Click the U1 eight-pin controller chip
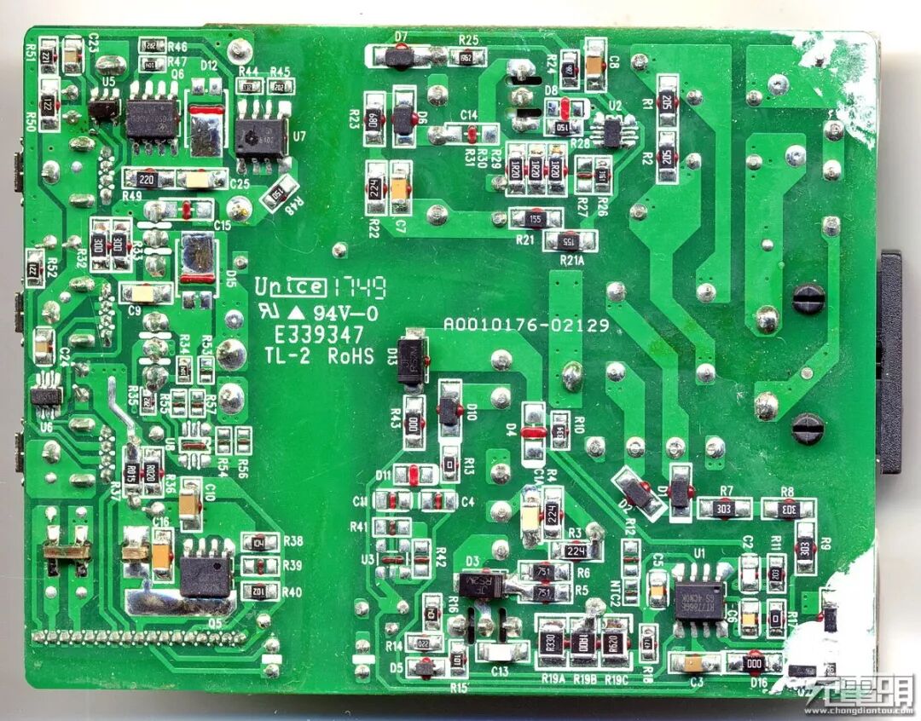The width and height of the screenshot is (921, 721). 699,600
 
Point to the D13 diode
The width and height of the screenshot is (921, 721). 414,357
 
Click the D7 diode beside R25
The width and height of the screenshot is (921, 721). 398,58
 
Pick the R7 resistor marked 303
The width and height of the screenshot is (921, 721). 725,509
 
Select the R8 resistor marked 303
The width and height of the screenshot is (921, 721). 788,510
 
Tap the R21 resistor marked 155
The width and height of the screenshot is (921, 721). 535,218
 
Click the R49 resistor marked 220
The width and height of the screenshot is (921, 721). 147,179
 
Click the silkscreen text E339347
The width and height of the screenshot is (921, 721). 318,335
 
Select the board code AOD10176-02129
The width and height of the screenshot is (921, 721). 526,326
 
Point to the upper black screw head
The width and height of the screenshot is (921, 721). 808,297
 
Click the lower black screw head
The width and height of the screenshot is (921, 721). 807,428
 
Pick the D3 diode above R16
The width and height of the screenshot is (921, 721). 481,584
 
